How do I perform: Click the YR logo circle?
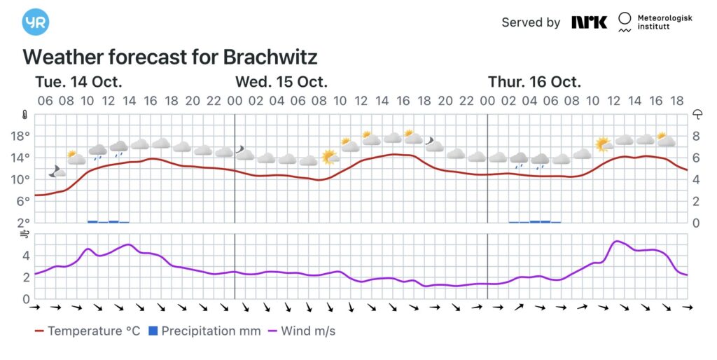pos(35,22)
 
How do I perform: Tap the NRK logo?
pos(589,22)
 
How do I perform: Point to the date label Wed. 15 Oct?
pos(281,81)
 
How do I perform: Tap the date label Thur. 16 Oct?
pos(534,81)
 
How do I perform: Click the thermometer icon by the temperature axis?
pos(25,114)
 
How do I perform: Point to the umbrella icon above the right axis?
pos(697,114)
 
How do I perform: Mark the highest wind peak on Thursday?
pos(616,242)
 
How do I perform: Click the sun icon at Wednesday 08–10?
pos(330,156)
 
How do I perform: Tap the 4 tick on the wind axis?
pos(25,256)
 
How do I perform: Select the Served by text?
pos(531,22)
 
